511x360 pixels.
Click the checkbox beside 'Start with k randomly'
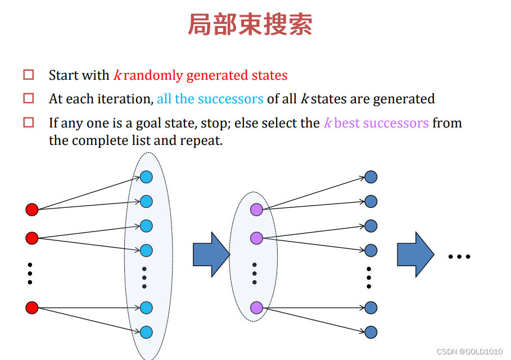coord(29,74)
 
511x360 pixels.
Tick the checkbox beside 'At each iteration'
coord(29,98)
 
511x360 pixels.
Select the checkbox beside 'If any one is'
coord(29,122)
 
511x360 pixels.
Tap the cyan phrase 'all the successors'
coord(210,99)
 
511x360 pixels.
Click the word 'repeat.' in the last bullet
coord(201,140)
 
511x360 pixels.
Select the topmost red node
coord(32,210)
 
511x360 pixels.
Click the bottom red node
coord(32,308)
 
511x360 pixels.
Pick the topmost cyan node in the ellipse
coord(146,177)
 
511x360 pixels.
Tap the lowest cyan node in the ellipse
coord(146,332)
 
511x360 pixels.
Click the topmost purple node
coord(256,210)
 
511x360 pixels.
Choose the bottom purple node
coord(256,308)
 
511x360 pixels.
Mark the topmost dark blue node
coord(370,177)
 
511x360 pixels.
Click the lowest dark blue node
coord(370,332)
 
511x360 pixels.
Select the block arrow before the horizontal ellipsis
coord(415,254)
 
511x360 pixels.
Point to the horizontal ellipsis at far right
coord(459,257)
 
